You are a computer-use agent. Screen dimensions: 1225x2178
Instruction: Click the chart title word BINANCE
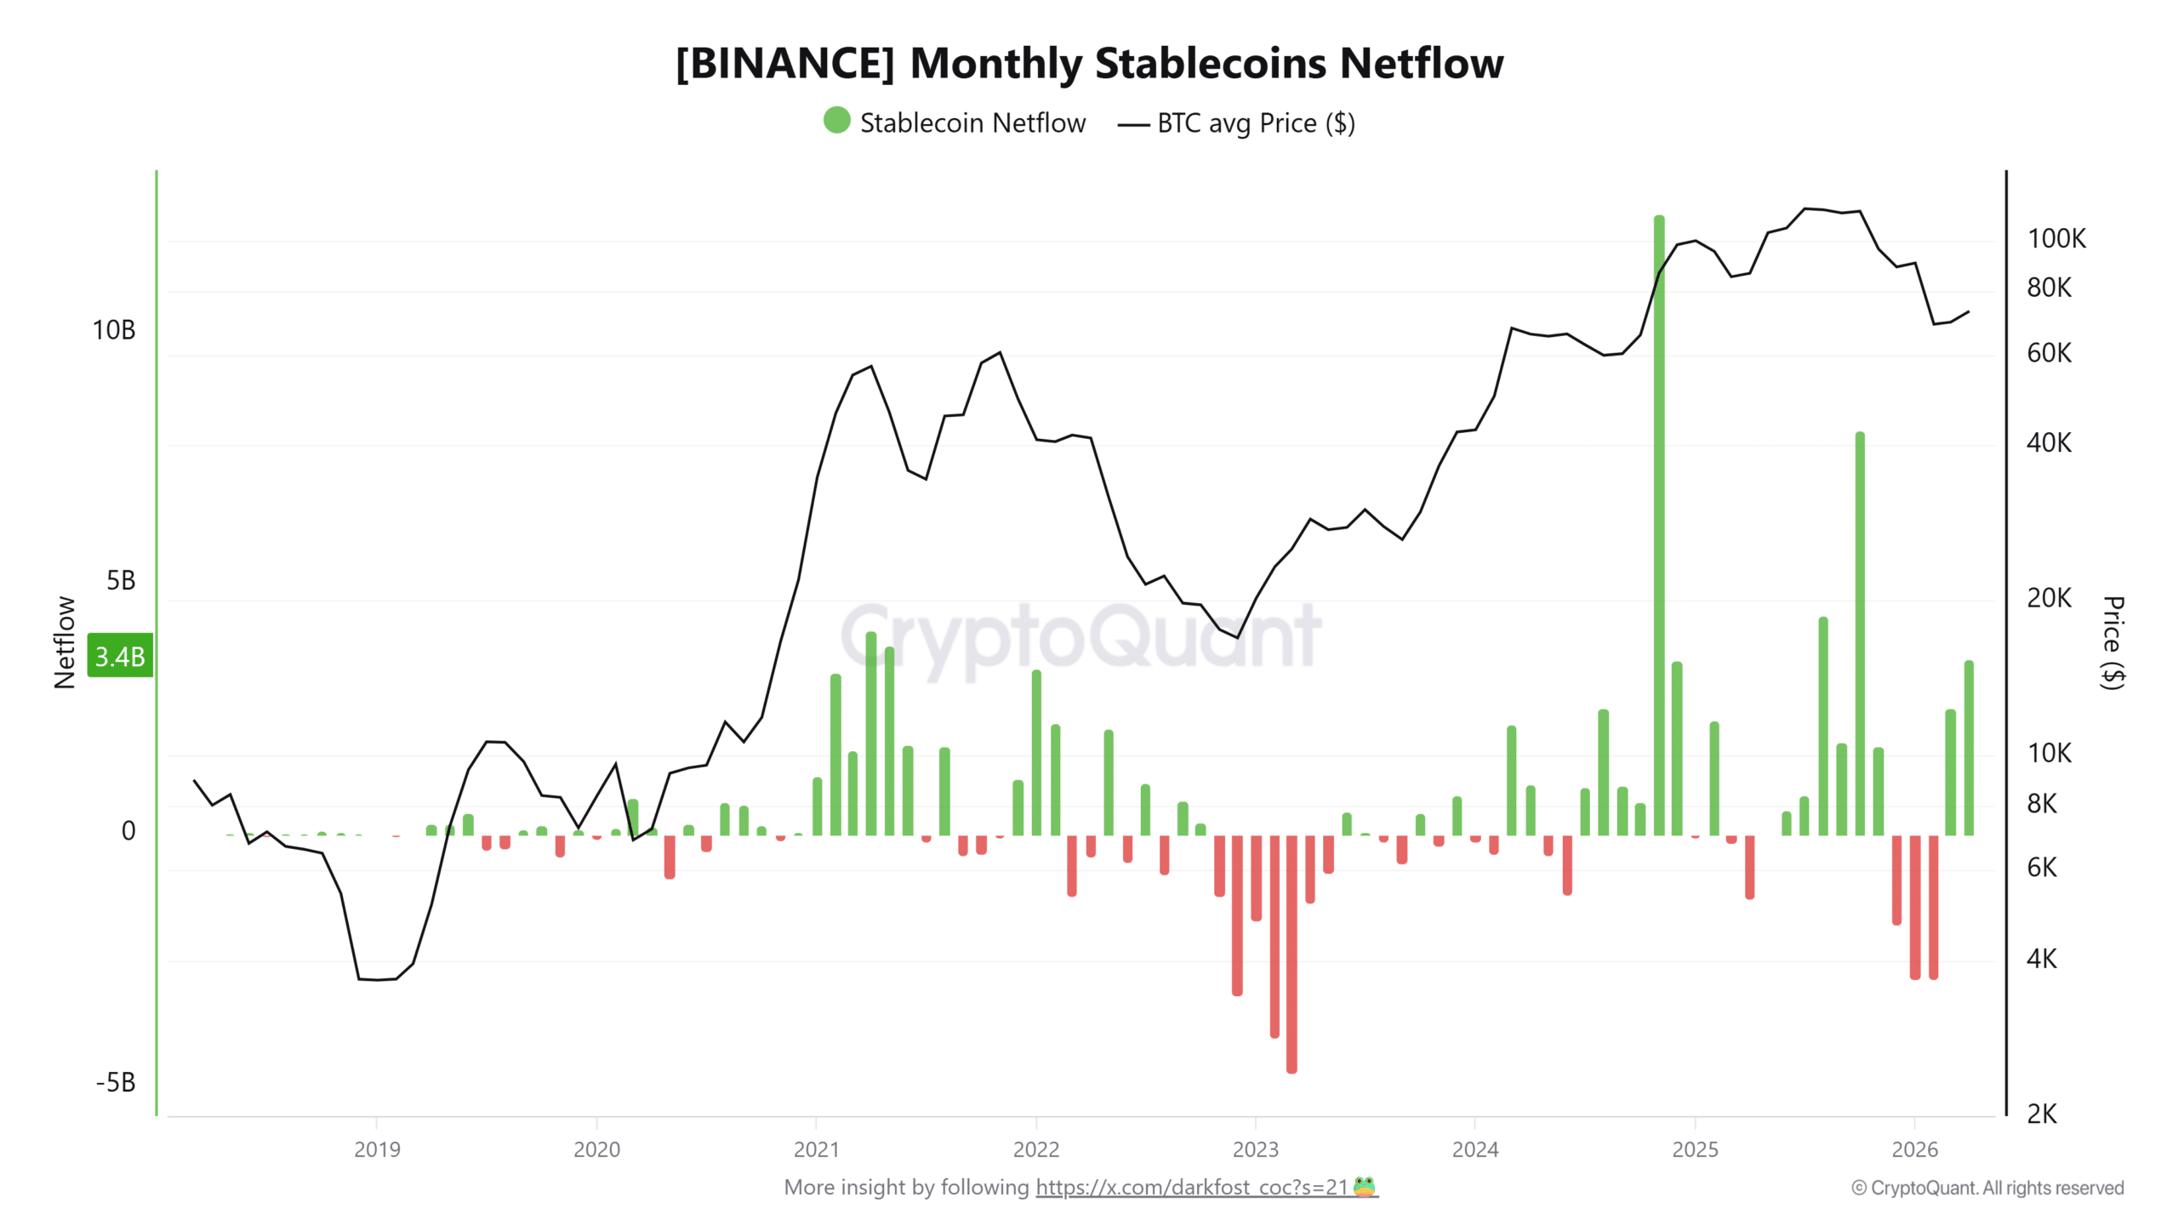click(x=784, y=64)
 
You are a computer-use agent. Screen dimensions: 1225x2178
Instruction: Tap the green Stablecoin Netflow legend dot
click(x=836, y=120)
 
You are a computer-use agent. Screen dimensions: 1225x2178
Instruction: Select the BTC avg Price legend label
click(x=1255, y=123)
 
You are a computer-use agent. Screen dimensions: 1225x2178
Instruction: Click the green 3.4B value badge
click(x=120, y=656)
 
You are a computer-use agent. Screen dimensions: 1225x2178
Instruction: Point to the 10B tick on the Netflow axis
click(x=114, y=330)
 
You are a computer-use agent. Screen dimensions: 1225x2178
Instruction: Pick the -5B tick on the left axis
click(x=116, y=1082)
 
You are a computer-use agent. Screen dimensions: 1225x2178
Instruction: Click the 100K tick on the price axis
click(x=2055, y=239)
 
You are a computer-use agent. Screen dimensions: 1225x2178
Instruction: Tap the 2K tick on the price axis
click(x=2041, y=1114)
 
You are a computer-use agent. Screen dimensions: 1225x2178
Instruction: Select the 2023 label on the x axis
click(x=1255, y=1149)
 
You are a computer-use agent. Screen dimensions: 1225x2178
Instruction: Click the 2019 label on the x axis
click(x=377, y=1149)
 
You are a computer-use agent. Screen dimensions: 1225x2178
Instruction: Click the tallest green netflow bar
click(x=1658, y=527)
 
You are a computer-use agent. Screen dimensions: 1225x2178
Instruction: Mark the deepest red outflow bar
click(x=1291, y=953)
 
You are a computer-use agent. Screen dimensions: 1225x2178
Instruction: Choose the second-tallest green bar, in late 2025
click(x=1860, y=634)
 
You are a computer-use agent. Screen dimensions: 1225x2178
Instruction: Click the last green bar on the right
click(x=1969, y=749)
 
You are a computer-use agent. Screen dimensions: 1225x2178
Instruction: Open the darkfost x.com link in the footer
click(x=1191, y=1188)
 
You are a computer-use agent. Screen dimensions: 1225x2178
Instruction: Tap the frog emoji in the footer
click(x=1365, y=1187)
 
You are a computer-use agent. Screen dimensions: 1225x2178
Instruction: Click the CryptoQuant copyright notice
click(x=1987, y=1188)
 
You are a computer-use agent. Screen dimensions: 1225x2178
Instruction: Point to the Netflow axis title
click(x=65, y=642)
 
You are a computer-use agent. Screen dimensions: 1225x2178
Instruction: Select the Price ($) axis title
click(x=2112, y=642)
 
